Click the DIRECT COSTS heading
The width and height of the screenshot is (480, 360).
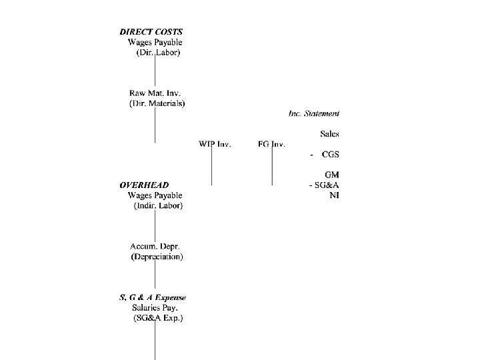[x=151, y=31]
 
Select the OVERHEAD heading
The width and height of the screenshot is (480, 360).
[x=144, y=185]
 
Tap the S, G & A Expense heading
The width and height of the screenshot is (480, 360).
[x=153, y=297]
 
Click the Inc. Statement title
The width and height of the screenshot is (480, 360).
[x=314, y=113]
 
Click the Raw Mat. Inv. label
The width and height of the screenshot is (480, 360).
[x=155, y=93]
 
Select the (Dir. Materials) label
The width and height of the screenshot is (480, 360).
[x=157, y=103]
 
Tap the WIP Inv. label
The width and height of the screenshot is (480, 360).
[x=215, y=144]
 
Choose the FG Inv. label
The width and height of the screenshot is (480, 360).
[x=271, y=144]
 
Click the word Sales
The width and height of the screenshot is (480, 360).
[x=329, y=134]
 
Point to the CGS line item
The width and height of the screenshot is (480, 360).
[x=330, y=155]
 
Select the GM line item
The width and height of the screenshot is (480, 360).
[x=332, y=175]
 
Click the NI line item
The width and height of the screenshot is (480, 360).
[x=334, y=195]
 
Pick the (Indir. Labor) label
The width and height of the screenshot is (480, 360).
[x=159, y=206]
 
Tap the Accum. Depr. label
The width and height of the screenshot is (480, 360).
[x=155, y=246]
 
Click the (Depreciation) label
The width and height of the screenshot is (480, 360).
[x=157, y=257]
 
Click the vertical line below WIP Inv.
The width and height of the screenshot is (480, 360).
[x=211, y=167]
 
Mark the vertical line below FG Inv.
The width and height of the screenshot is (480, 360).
[x=271, y=167]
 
